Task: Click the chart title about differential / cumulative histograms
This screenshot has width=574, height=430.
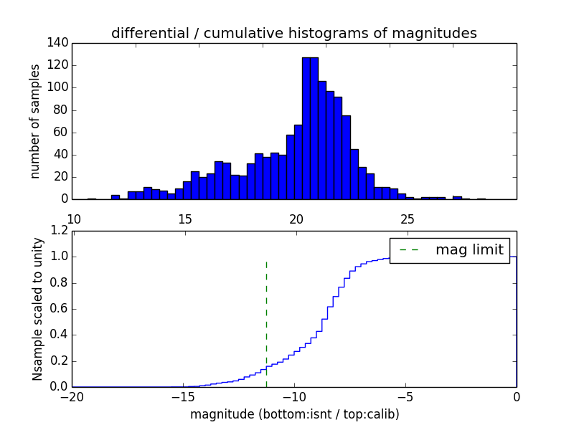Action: [293, 33]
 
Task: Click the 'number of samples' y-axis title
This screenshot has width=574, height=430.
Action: [35, 121]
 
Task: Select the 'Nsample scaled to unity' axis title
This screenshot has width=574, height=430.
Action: [37, 309]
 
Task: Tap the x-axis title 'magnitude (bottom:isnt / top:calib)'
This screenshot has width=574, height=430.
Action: [294, 414]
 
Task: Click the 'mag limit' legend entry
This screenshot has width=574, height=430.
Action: [469, 250]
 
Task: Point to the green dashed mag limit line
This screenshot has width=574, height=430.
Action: [266, 315]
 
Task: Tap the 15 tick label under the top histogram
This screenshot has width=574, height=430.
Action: [184, 219]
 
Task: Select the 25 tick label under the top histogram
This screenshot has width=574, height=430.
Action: [407, 219]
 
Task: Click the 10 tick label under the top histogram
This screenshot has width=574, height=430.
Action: [73, 219]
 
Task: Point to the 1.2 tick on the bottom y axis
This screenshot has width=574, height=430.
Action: [60, 231]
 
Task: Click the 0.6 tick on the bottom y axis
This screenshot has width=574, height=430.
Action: [60, 309]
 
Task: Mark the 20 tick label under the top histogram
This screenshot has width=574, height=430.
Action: [296, 219]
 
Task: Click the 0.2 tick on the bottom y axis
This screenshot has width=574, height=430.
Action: [60, 361]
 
